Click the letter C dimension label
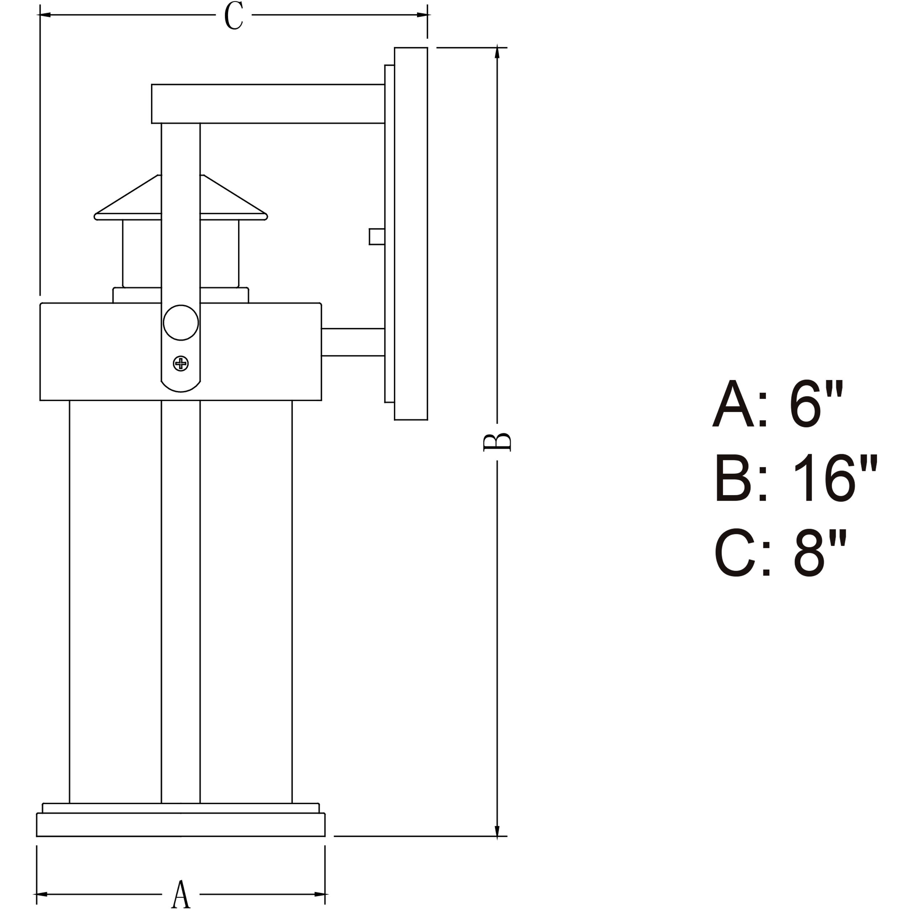[234, 16]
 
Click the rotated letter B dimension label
[497, 442]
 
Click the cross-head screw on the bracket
[181, 363]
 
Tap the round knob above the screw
[181, 322]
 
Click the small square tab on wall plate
[376, 237]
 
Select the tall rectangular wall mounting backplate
[411, 233]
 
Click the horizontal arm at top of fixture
[268, 104]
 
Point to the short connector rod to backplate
[353, 342]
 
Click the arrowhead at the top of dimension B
[497, 52]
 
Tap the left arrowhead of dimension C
[44, 15]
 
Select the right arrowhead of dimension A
[320, 894]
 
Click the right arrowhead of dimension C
[423, 15]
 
